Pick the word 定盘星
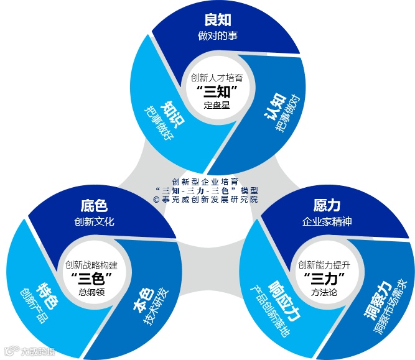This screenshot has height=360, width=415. pos(217,105)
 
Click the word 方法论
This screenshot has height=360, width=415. pos(323,291)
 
